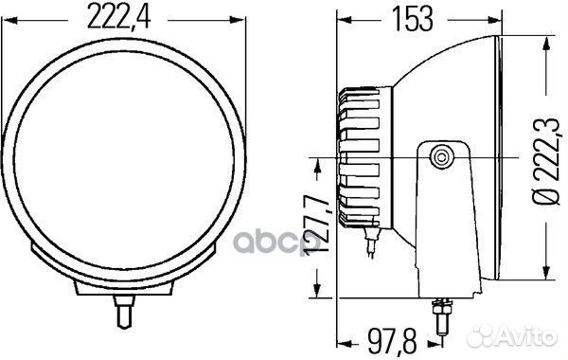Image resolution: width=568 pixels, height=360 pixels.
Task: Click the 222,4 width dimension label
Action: [x=119, y=17]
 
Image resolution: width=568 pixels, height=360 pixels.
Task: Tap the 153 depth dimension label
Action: [x=413, y=19]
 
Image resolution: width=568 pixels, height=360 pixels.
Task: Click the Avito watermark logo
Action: [x=512, y=335]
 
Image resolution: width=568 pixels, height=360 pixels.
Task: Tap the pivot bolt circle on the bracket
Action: [x=441, y=157]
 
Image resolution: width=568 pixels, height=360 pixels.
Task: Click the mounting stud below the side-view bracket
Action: [x=442, y=316]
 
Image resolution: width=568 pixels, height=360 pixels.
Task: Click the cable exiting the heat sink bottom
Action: [x=370, y=240]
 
